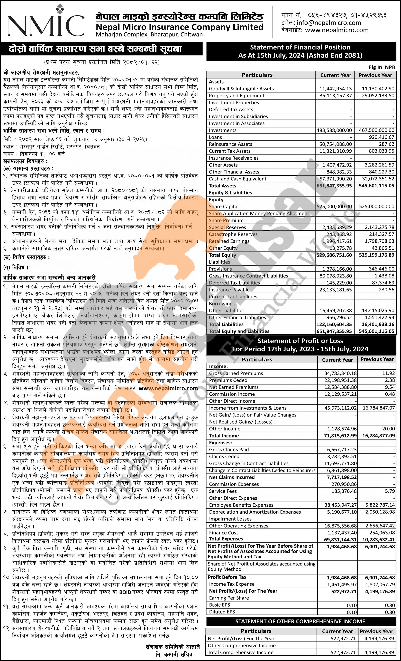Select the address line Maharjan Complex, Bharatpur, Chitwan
click(x=149, y=34)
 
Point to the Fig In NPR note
click(x=382, y=67)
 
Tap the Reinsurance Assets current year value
click(x=335, y=144)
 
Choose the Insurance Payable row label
click(x=229, y=290)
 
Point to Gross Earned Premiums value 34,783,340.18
click(x=340, y=373)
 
